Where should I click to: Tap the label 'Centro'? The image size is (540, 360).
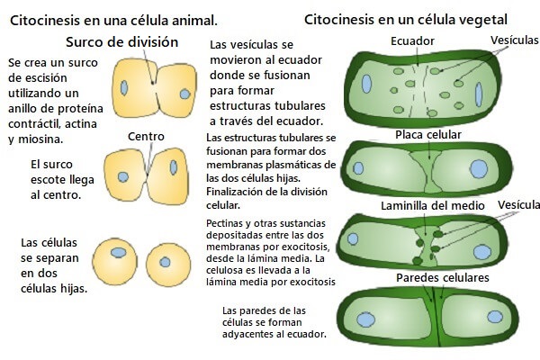pyautogui.click(x=147, y=137)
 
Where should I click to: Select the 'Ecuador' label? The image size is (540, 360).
pyautogui.click(x=413, y=41)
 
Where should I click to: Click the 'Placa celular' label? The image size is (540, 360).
pyautogui.click(x=428, y=135)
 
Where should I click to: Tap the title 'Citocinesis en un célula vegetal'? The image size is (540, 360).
pyautogui.click(x=406, y=18)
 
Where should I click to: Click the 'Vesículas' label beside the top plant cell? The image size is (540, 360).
pyautogui.click(x=514, y=40)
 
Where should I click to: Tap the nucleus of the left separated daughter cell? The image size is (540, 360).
pyautogui.click(x=121, y=253)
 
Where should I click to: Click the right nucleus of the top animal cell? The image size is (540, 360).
pyautogui.click(x=184, y=93)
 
